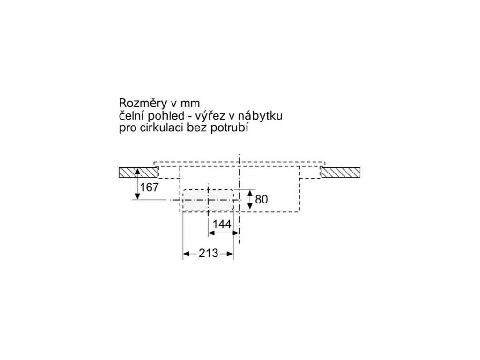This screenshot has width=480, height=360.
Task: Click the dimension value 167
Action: (150, 187)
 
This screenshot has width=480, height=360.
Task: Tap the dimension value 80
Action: (262, 200)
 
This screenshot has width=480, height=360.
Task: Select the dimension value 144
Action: (222, 225)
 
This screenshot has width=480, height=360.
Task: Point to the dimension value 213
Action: (208, 254)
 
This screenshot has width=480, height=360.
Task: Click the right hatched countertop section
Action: (341, 172)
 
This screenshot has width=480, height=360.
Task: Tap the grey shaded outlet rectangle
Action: (208, 200)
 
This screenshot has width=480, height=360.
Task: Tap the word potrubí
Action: (230, 128)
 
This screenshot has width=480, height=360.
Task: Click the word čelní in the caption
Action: (132, 115)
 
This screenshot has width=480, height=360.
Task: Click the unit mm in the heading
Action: (190, 103)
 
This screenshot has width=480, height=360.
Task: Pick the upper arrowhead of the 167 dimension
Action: (137, 172)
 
